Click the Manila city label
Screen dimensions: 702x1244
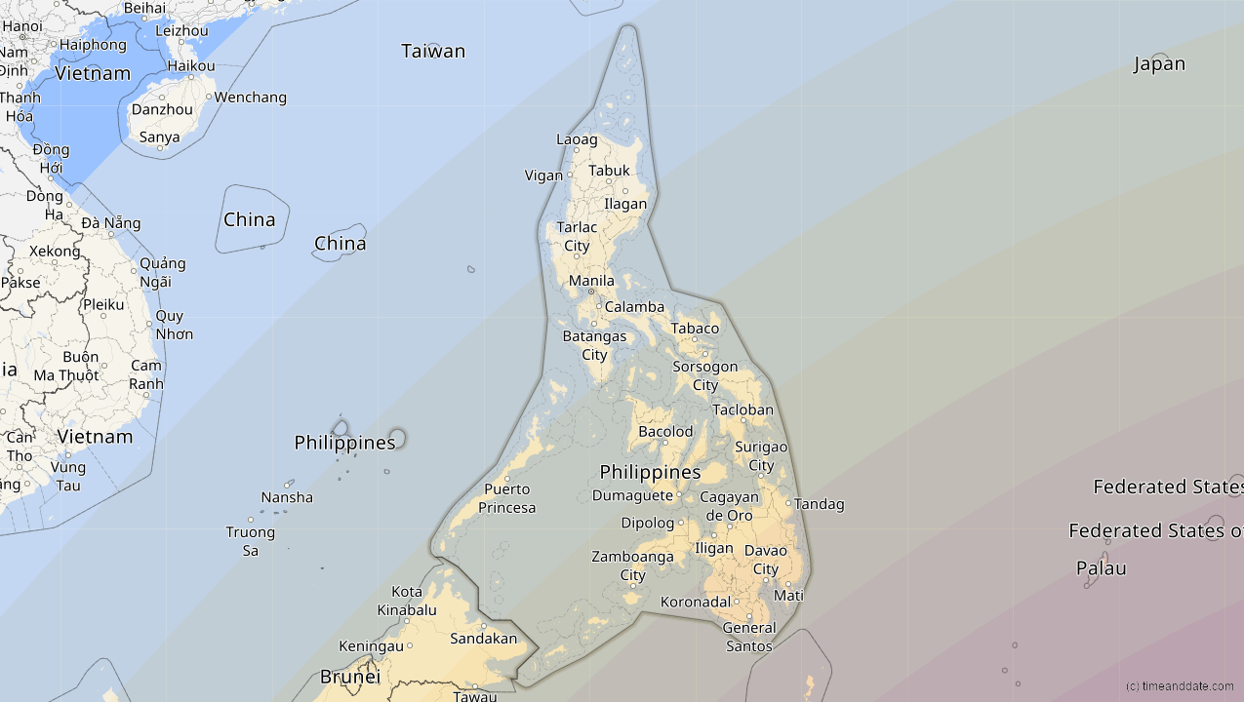(x=591, y=281)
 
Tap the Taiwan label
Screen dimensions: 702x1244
(x=433, y=51)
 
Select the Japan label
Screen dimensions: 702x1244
(x=1159, y=64)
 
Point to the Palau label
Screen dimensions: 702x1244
(x=1101, y=567)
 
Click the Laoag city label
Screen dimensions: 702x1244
(x=577, y=139)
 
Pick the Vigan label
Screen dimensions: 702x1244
(x=543, y=175)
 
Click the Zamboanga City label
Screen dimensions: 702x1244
(x=632, y=565)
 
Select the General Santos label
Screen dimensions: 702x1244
(x=749, y=637)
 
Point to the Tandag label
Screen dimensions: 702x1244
(x=820, y=504)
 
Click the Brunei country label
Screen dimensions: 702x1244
(x=349, y=677)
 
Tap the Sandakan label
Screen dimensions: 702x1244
(x=483, y=639)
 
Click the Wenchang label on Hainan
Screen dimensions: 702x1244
(x=251, y=97)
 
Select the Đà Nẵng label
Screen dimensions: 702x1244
(x=111, y=223)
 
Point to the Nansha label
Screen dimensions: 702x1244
(x=287, y=497)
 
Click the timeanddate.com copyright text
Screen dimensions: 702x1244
(x=1179, y=686)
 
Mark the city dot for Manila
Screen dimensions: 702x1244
(x=590, y=292)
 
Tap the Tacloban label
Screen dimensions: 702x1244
(x=742, y=410)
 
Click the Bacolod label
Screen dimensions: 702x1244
(x=665, y=432)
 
